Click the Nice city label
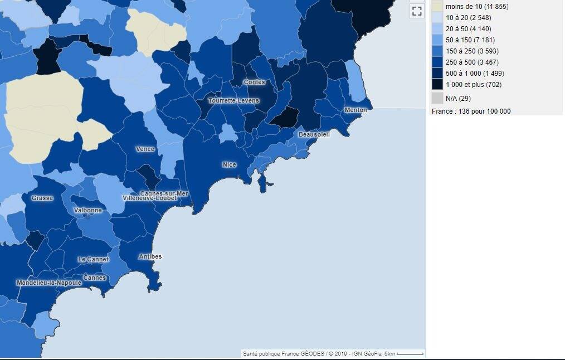tap(229, 164)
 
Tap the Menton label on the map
tap(355, 110)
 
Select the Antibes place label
tap(150, 256)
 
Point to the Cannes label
tap(94, 278)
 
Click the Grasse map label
tap(42, 198)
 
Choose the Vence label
tap(145, 149)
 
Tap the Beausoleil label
tap(314, 134)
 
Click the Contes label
tap(254, 82)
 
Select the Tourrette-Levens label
tap(233, 101)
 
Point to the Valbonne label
tap(88, 210)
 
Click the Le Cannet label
tap(93, 259)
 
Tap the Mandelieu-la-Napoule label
tap(49, 283)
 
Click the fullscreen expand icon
tap(417, 11)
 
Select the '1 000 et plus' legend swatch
tap(437, 84)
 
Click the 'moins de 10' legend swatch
tap(437, 6)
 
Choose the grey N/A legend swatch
tap(437, 99)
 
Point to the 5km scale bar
tap(410, 354)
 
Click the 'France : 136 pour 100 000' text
tap(471, 111)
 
